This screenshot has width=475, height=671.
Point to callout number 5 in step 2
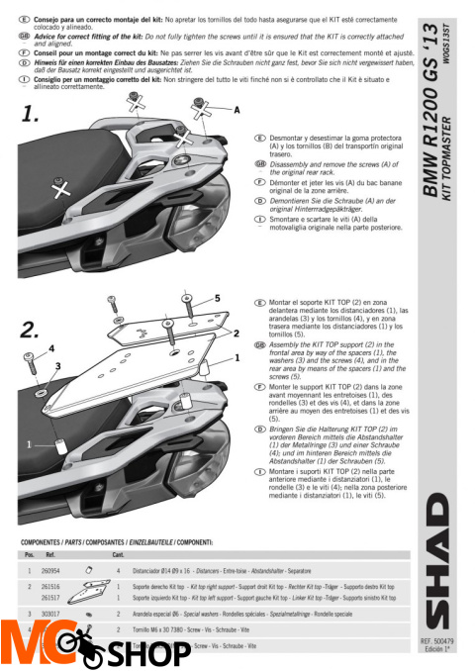pos(217,298)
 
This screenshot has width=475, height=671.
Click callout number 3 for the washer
pos(58,365)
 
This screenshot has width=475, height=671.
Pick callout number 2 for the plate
pos(237,335)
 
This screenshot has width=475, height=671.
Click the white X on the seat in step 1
pos(62,191)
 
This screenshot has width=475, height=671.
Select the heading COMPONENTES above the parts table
pos(44,543)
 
